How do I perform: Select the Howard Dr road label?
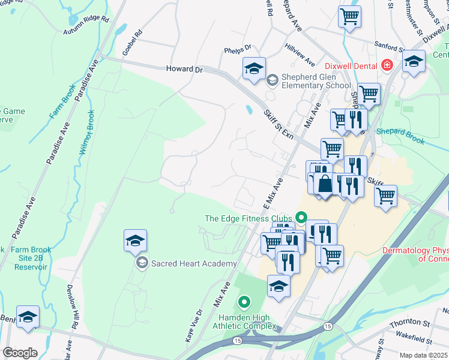coord(184,70)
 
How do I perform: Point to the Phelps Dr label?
coord(238,51)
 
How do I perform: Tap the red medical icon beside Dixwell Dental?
coord(388,65)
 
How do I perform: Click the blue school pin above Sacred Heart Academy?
coord(136,241)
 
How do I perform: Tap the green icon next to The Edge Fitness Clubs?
coord(301,218)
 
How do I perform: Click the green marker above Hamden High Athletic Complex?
coord(244,302)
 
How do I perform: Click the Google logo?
coord(20,352)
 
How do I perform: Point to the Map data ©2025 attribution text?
coord(424,355)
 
